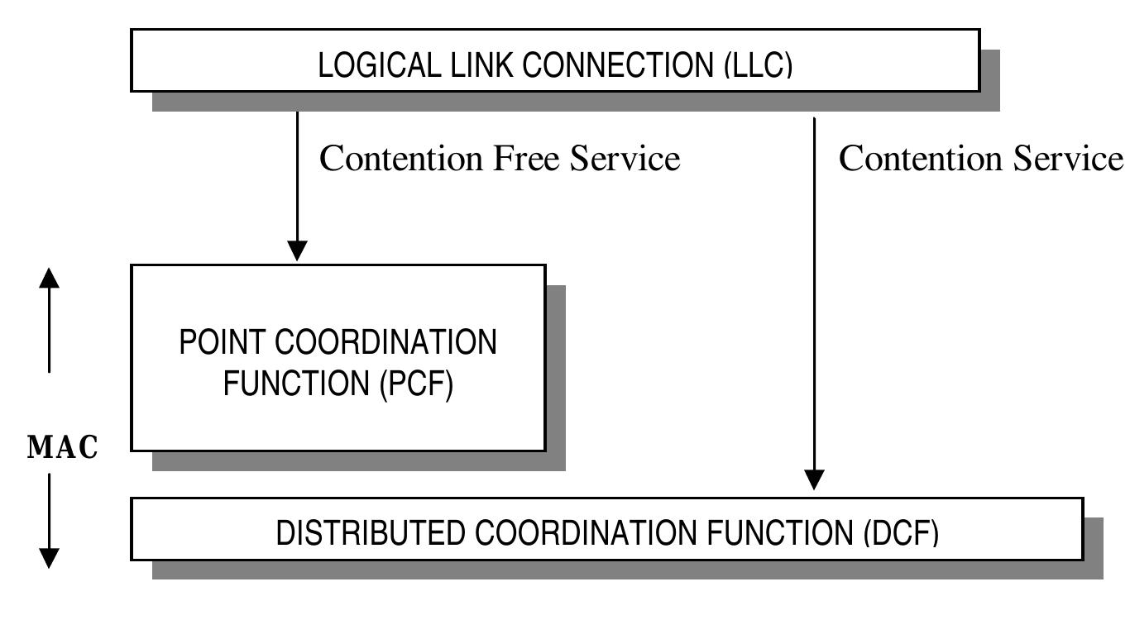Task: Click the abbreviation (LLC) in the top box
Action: click(x=757, y=65)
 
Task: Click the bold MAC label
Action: click(x=63, y=447)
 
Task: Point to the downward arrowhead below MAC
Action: click(x=50, y=558)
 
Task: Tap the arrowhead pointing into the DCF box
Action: click(x=815, y=479)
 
